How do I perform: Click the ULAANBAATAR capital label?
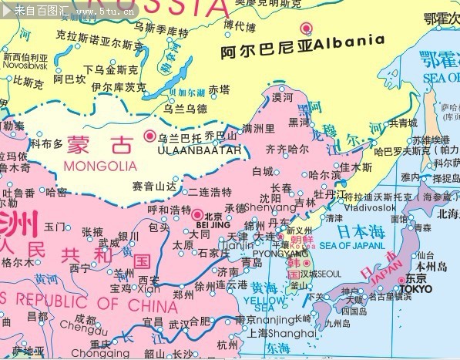pos(192,150)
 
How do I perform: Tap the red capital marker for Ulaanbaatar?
pos(149,137)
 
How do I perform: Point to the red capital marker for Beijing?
pos(196,215)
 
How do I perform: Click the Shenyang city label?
pos(270,208)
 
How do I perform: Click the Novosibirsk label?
pos(26,67)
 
